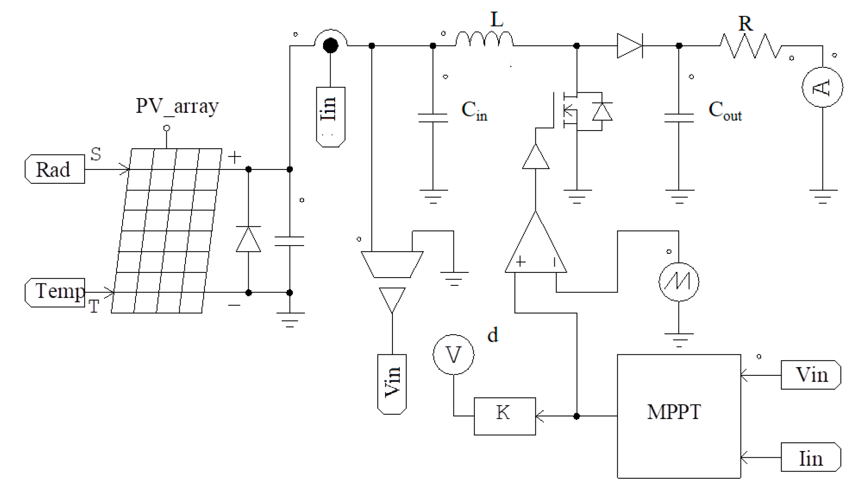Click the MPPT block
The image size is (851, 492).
click(x=678, y=416)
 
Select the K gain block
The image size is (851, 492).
click(x=504, y=416)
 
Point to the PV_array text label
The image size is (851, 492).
click(x=177, y=106)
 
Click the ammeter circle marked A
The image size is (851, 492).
click(x=822, y=87)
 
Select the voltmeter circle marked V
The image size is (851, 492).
click(x=453, y=354)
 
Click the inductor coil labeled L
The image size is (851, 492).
click(x=484, y=39)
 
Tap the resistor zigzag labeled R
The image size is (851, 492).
click(x=751, y=46)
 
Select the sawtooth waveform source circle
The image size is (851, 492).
click(x=678, y=282)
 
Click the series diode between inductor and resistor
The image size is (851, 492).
click(x=630, y=46)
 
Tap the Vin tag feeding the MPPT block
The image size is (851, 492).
click(x=810, y=375)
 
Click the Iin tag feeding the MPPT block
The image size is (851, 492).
click(x=810, y=457)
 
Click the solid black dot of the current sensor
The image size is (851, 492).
click(x=330, y=45)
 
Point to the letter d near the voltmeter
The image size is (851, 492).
click(x=492, y=335)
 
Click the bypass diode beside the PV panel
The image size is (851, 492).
click(x=248, y=239)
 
